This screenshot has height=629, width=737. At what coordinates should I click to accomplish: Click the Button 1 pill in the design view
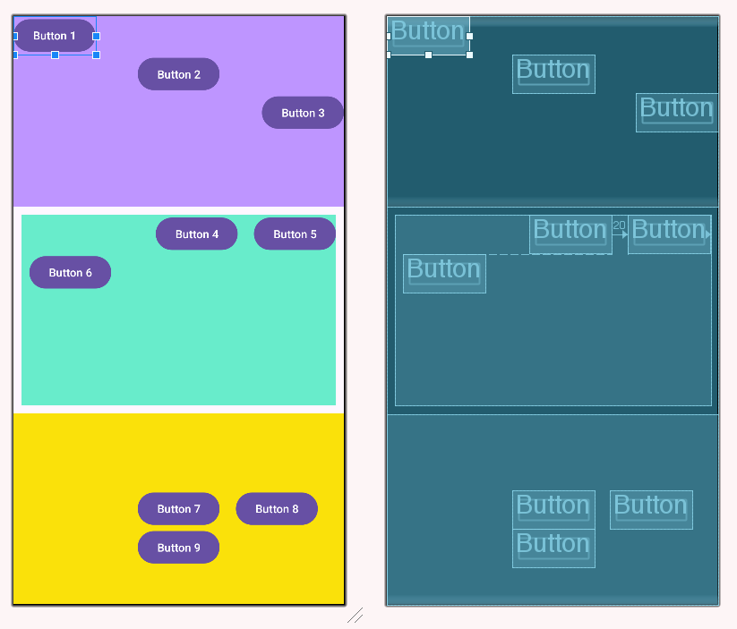(55, 36)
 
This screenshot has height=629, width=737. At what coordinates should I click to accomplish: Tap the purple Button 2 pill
(178, 74)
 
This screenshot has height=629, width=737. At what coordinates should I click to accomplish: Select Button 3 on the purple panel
(303, 113)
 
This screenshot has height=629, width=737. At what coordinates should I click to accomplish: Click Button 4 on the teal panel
(196, 234)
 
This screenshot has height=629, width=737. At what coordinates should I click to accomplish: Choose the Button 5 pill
(295, 234)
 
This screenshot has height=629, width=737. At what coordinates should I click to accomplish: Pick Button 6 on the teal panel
(70, 272)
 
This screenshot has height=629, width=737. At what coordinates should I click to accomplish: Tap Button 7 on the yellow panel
(178, 508)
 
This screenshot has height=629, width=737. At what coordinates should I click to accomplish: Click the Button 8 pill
(277, 508)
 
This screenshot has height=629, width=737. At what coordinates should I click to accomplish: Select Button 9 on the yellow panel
(178, 548)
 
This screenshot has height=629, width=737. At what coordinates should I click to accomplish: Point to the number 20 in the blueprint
(619, 225)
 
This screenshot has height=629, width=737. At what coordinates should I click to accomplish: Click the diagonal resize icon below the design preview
(356, 615)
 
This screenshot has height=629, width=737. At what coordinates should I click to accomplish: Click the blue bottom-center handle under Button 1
(55, 55)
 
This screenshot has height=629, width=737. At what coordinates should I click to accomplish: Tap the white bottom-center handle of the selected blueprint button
(428, 55)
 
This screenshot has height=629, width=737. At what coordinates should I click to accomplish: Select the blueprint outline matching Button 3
(677, 113)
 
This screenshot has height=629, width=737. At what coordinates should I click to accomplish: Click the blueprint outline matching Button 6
(444, 273)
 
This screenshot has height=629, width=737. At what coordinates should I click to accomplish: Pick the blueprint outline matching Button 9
(553, 548)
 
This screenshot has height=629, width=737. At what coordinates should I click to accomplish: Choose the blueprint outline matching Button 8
(651, 509)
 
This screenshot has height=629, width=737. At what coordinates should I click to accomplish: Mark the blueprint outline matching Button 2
(553, 74)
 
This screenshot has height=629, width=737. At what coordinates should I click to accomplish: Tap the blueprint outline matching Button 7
(553, 509)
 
